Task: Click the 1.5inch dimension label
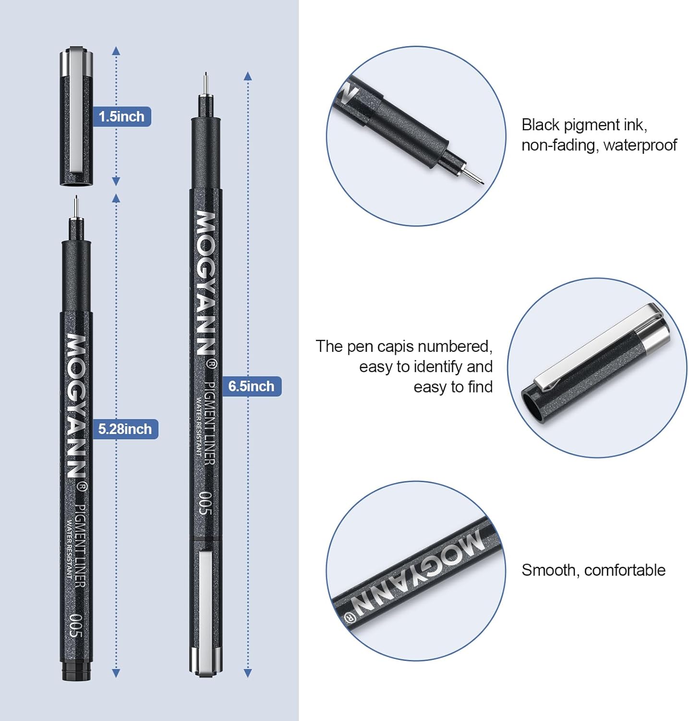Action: tap(121, 117)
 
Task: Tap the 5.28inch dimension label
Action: tap(125, 429)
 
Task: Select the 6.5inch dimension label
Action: tap(251, 386)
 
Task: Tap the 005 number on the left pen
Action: tap(76, 625)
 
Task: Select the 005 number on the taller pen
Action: tap(205, 503)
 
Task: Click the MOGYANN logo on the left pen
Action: tap(76, 406)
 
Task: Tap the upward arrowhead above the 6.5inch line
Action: tap(248, 76)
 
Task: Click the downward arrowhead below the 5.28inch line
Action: tap(116, 673)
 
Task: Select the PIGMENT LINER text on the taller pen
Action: tap(210, 423)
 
